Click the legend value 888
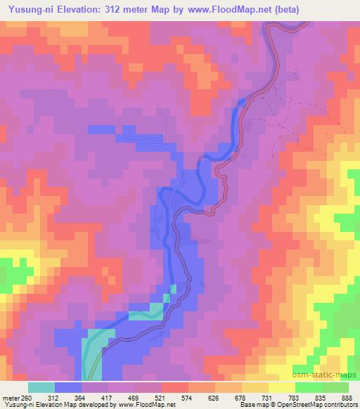(x=349, y=397)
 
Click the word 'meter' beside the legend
(x=9, y=397)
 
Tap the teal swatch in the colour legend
(x=41, y=387)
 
